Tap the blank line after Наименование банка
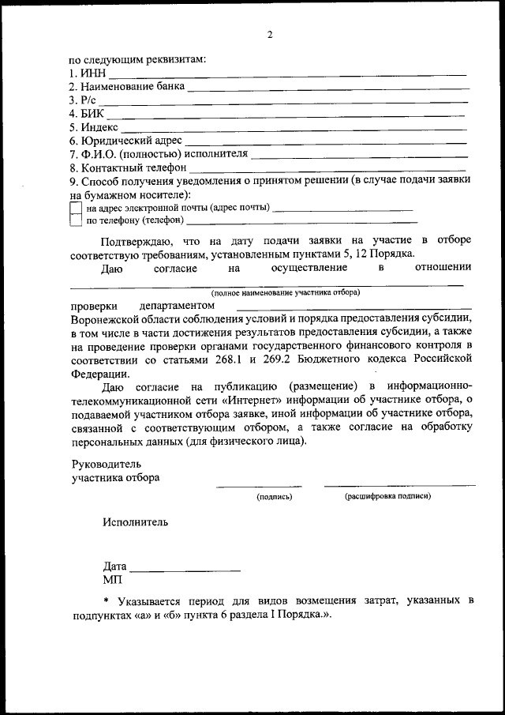coord(327,88)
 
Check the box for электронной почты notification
coord(76,208)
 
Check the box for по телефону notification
coord(76,220)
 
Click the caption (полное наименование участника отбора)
coord(285,292)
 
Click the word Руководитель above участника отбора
coord(105,464)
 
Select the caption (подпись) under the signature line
coord(274,497)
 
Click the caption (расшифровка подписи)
coord(387,497)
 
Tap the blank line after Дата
coord(185,570)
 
